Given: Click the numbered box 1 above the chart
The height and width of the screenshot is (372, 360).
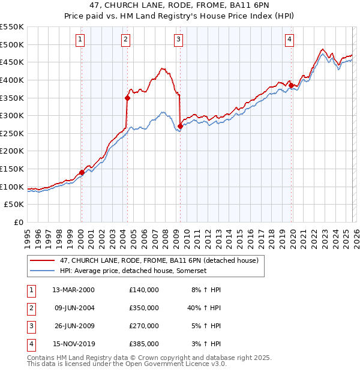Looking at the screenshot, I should pos(80,40).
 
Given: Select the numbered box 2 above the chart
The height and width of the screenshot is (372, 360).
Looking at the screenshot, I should pos(125,40).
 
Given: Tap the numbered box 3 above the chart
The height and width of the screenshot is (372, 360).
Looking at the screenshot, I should pos(179,40).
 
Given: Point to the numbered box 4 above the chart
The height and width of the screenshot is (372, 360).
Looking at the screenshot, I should pos(289,40).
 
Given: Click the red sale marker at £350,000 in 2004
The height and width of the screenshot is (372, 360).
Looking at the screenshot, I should pos(127,98).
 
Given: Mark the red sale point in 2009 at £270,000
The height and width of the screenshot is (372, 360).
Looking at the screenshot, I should pos(181,126).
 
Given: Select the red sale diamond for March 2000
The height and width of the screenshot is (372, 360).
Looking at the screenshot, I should pos(82,172).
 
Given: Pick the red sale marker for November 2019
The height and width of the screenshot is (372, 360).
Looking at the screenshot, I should pos(292,85).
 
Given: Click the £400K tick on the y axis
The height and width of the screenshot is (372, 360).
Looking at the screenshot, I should pos(13,80).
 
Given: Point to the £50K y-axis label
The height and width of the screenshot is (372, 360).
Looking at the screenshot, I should pos(15,205).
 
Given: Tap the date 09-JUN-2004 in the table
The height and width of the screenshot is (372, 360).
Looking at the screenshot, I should pos(74,307).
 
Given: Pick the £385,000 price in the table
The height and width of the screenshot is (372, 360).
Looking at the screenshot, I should pos(143,344).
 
